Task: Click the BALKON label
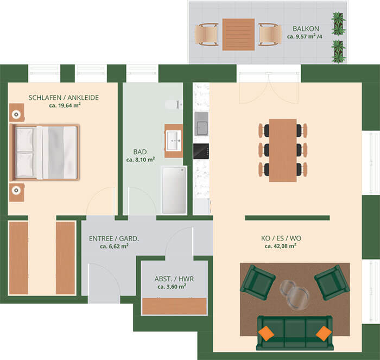click(306, 29)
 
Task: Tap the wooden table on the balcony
click(238, 34)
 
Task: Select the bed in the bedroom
click(45, 153)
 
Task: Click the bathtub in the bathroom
click(174, 190)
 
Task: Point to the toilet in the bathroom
click(174, 104)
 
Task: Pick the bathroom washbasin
click(174, 141)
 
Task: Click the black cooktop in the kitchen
click(201, 151)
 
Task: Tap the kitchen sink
click(201, 124)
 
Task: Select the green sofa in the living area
click(295, 333)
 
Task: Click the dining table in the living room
click(283, 150)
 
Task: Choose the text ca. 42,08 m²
click(281, 246)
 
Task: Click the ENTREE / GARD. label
click(114, 238)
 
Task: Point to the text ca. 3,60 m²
click(172, 287)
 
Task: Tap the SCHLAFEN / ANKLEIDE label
click(64, 97)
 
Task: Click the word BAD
click(140, 151)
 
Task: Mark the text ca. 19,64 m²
click(65, 105)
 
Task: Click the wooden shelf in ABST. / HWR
click(174, 306)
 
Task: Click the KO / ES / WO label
click(281, 238)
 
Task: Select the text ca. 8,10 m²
click(141, 160)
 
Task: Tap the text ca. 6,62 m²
click(114, 247)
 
